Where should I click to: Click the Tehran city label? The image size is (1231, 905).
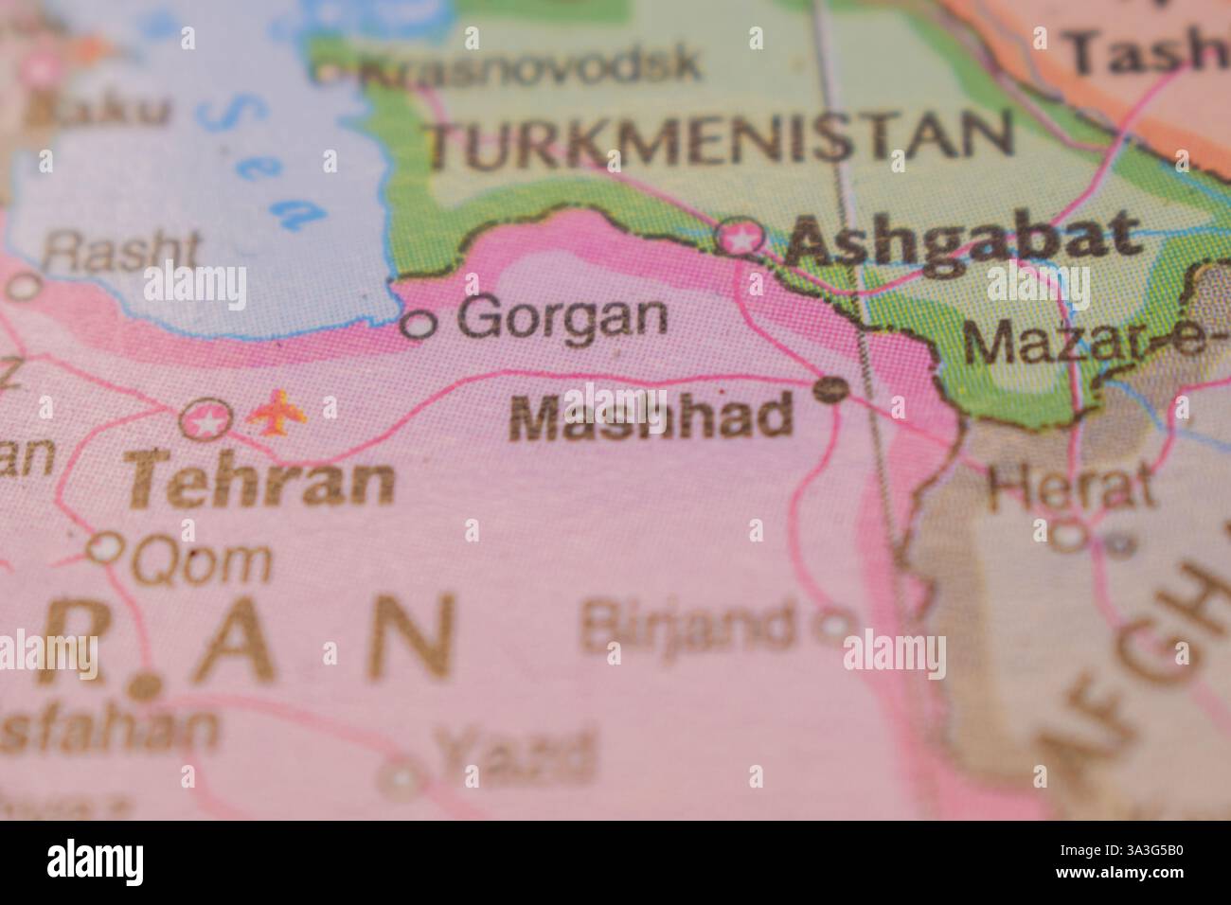click(x=261, y=482)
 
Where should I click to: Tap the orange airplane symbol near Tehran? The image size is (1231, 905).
click(x=277, y=413)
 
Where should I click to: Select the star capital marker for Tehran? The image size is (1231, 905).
click(x=206, y=419)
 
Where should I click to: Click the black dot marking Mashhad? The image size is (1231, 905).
click(x=831, y=387)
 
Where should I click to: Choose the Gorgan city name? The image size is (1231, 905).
click(x=562, y=319)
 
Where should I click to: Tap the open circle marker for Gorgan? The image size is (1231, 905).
click(x=419, y=325)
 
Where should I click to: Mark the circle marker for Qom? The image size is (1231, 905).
click(x=106, y=547)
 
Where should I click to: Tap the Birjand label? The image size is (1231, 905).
click(x=688, y=625)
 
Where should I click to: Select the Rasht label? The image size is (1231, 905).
click(x=123, y=251)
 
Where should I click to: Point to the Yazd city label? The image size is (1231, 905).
click(x=516, y=754)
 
